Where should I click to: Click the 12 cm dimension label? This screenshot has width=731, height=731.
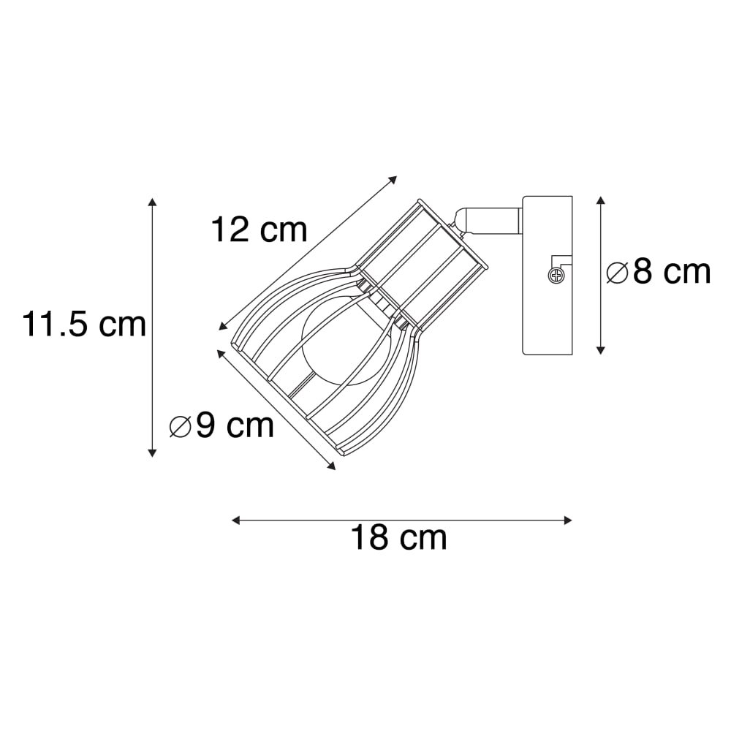pos(260,230)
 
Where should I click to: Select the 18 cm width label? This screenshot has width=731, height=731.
pos(398,537)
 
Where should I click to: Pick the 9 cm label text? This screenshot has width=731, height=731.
pos(235,425)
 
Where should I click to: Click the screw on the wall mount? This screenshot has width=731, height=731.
pos(556,276)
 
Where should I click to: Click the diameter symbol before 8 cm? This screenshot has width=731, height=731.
pos(618,273)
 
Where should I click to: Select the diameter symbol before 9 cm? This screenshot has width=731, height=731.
pos(181,427)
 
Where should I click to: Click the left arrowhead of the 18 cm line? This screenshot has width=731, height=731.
pos(236,520)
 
